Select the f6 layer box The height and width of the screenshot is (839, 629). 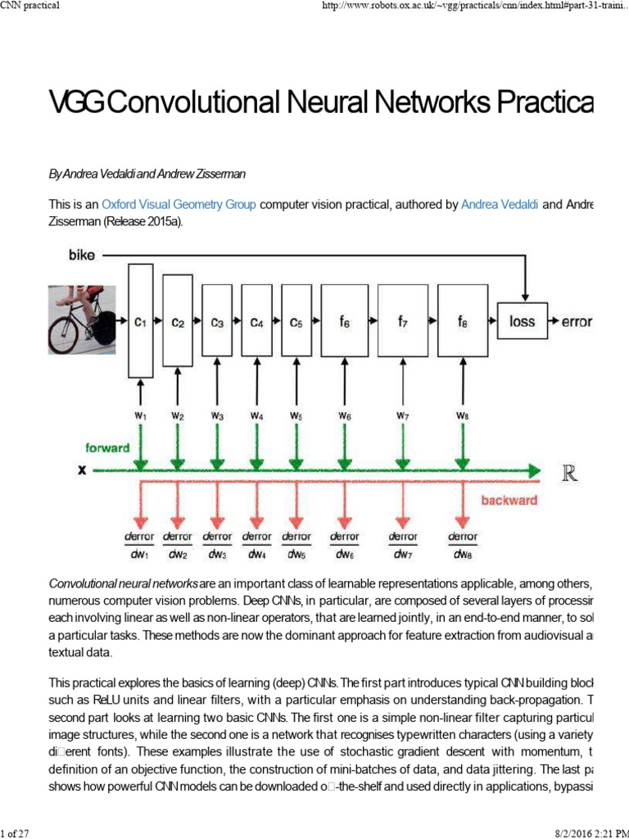(344, 322)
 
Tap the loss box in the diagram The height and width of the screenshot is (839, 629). (522, 321)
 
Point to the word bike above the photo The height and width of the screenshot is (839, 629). (82, 255)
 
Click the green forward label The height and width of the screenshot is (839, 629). (107, 448)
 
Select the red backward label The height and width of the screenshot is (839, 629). (509, 500)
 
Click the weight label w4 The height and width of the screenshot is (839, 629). (257, 415)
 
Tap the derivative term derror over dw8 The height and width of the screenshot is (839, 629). (463, 545)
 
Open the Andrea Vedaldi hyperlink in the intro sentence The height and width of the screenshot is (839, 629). (500, 205)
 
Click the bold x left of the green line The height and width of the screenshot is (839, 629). (81, 471)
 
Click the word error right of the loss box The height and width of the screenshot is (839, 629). (576, 322)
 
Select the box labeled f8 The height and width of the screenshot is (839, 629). (463, 322)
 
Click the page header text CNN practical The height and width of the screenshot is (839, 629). (31, 7)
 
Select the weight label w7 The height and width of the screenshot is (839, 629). (402, 415)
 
